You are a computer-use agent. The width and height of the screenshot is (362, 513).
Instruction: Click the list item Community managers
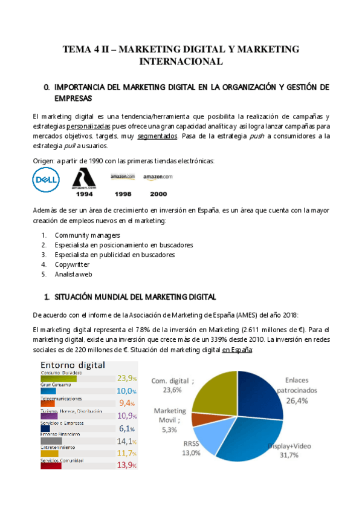click(x=87, y=235)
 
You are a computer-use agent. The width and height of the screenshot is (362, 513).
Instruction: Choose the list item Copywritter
click(x=72, y=264)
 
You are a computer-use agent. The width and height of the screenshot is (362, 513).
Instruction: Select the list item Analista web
click(x=73, y=274)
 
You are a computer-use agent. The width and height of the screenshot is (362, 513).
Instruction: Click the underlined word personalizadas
click(x=88, y=126)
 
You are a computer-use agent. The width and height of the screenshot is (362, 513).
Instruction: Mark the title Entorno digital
click(x=73, y=365)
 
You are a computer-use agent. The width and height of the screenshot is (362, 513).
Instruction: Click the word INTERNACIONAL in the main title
click(x=181, y=61)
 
